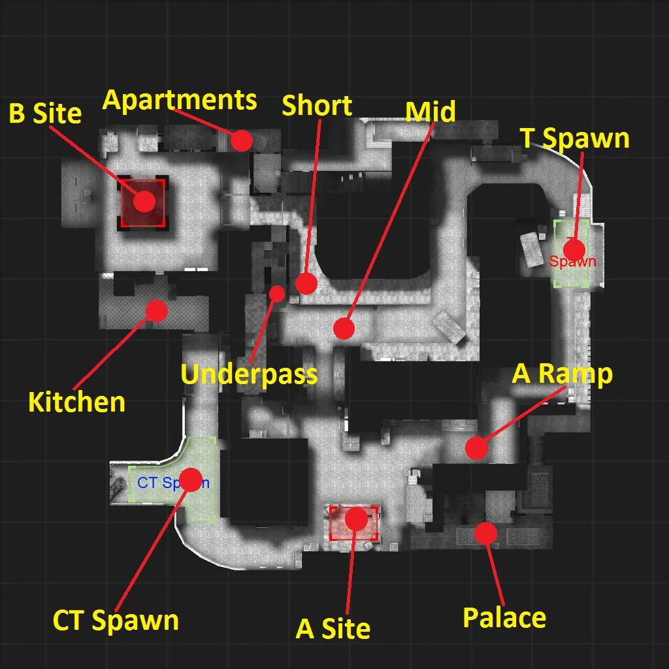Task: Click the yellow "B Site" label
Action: (45, 114)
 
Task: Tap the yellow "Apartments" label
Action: (180, 101)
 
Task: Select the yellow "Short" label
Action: (317, 106)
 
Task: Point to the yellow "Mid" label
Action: (430, 112)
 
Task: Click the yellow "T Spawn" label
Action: (575, 139)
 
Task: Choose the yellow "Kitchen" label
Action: (76, 402)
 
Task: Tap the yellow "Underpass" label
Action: (249, 374)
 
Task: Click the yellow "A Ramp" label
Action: (563, 374)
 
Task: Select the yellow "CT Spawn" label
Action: (116, 620)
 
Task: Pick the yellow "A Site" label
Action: (333, 628)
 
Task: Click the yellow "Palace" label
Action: (504, 617)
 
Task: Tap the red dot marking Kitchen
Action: (156, 310)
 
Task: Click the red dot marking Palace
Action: (485, 534)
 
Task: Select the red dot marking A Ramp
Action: (476, 448)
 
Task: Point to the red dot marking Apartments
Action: (242, 140)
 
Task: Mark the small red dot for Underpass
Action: (277, 294)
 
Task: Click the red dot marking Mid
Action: (344, 328)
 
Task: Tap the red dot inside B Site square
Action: (144, 202)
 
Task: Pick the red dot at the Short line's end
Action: (306, 284)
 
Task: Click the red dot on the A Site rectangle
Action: (356, 519)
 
